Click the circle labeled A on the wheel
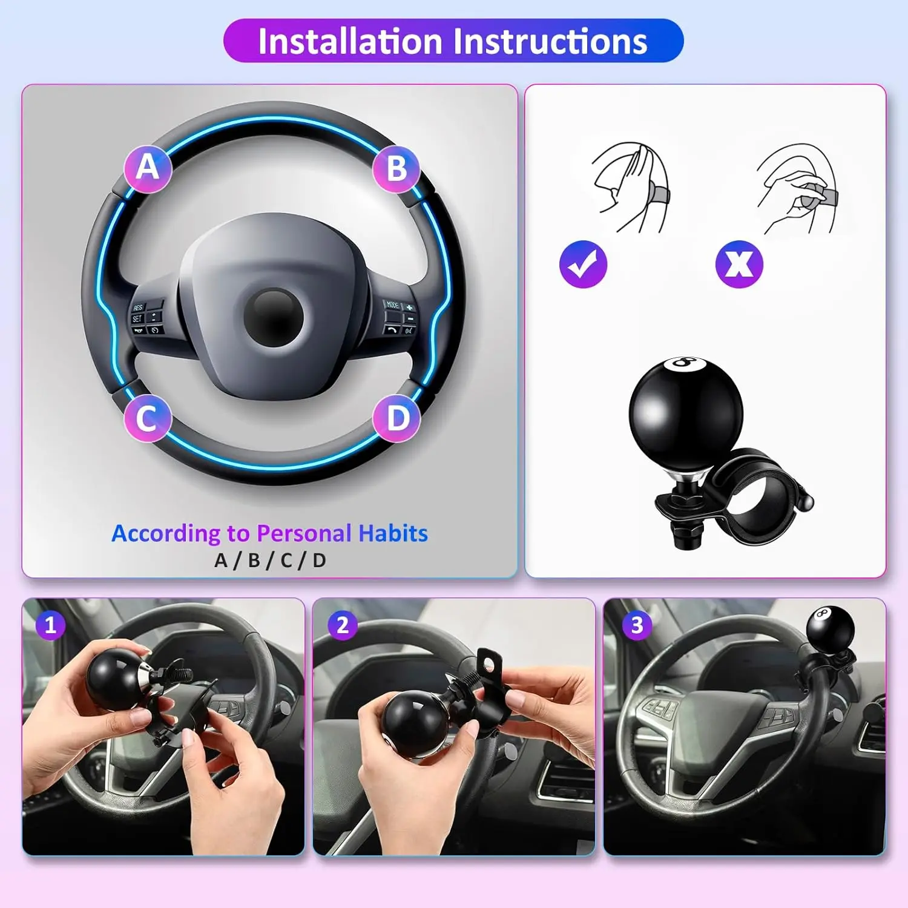[x=148, y=168]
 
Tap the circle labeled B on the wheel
[x=396, y=169]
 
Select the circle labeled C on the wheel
[x=148, y=418]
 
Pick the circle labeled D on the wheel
[x=396, y=418]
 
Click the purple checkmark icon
[x=583, y=264]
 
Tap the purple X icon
[x=739, y=264]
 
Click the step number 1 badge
[x=50, y=625]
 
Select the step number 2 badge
[x=343, y=625]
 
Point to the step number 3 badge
[x=637, y=625]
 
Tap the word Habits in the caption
[x=393, y=533]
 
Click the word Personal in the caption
[x=304, y=533]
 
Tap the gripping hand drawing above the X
[x=798, y=188]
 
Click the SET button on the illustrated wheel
[x=137, y=318]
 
